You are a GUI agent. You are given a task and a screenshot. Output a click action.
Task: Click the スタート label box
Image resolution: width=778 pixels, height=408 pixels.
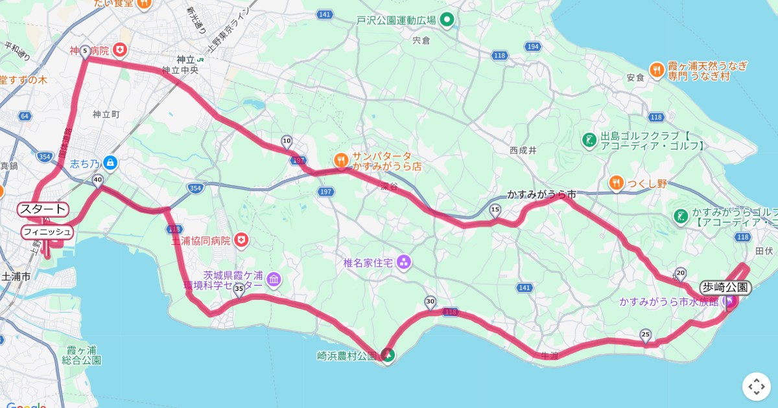click(43, 209)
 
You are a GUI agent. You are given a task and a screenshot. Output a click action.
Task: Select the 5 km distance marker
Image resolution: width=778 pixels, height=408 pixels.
click(85, 51)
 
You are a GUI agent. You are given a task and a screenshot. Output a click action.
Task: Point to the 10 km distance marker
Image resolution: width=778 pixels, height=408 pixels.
click(287, 141)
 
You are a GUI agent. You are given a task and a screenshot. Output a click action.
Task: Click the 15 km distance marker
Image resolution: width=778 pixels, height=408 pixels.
click(495, 210)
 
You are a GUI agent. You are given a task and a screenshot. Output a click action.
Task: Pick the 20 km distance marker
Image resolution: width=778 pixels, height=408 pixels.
click(680, 273)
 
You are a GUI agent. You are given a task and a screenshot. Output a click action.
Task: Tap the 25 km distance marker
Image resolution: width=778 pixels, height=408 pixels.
click(645, 335)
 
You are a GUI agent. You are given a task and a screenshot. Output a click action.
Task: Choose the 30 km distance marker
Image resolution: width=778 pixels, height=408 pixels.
click(430, 302)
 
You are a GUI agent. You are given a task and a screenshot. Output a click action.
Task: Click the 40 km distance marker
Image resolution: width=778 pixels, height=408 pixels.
click(98, 181)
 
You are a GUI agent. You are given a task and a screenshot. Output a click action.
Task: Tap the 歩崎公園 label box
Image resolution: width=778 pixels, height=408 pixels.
click(725, 288)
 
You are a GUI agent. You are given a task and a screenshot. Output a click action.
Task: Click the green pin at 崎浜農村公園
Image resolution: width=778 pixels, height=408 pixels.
click(388, 354)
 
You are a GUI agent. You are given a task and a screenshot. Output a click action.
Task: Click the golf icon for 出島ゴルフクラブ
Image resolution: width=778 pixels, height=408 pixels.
click(589, 140)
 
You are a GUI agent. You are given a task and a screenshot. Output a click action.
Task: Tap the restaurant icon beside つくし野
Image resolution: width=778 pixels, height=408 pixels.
click(616, 183)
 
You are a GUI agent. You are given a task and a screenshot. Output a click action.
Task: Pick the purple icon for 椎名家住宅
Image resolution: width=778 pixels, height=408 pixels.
click(404, 262)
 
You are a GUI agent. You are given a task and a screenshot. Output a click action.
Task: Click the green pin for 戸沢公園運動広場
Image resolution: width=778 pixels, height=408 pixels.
click(446, 20)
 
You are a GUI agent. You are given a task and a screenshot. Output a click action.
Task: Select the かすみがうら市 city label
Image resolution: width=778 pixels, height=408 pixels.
click(541, 194)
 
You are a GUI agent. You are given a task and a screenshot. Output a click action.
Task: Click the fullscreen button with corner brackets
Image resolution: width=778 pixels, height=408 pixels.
click(757, 387)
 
